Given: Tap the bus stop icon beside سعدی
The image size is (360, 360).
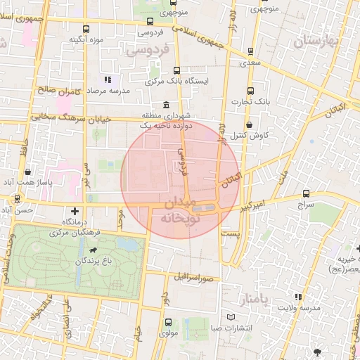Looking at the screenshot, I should click(251, 51).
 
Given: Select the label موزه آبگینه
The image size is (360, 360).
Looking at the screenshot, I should click(86, 39).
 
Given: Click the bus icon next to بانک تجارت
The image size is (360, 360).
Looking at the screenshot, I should click(251, 90).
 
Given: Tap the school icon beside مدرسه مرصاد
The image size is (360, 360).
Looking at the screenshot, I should click(108, 79).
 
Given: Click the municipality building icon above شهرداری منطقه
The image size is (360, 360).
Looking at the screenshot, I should click(166, 105).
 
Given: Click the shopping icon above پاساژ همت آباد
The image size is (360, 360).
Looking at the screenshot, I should click(27, 171).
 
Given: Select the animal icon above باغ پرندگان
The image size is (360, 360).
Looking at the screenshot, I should click(92, 249).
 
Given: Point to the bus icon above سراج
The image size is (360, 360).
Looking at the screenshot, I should click(306, 193).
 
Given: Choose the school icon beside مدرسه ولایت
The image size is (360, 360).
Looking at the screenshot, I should click(298, 297).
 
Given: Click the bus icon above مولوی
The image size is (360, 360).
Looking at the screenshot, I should click(167, 322).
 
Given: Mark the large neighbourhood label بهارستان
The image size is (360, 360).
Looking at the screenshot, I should click(316, 42).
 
